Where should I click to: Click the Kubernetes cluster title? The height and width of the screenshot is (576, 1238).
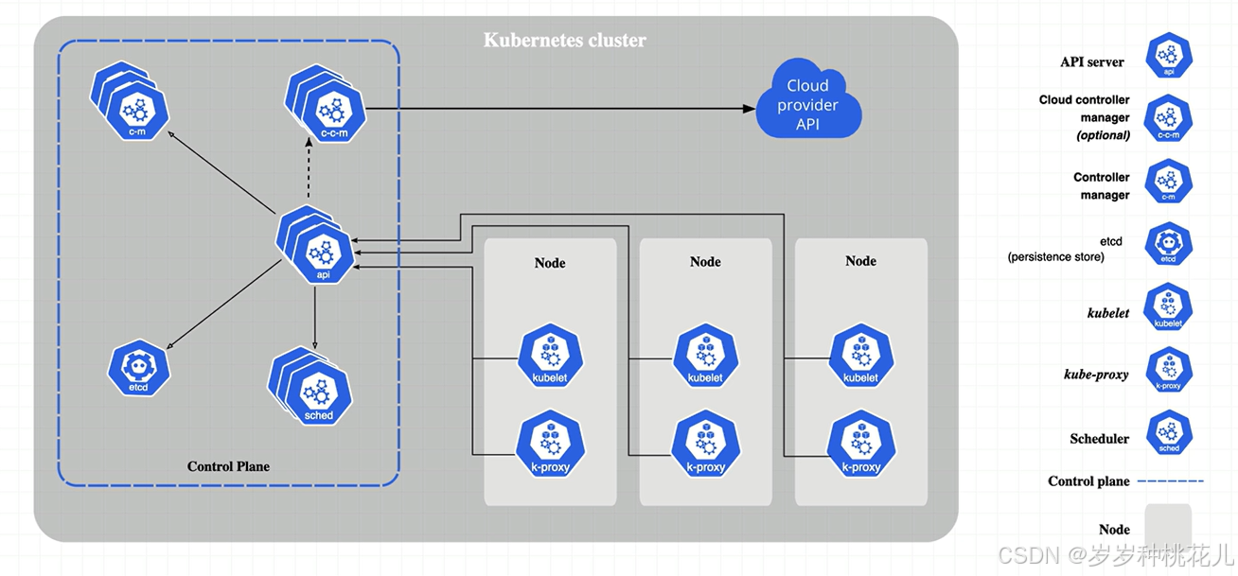click(565, 41)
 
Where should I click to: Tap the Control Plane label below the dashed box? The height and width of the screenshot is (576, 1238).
click(228, 466)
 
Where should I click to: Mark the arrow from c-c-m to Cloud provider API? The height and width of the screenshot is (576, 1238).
click(558, 109)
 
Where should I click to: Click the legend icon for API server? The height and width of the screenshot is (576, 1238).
click(1168, 56)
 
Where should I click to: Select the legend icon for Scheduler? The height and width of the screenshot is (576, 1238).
click(1168, 432)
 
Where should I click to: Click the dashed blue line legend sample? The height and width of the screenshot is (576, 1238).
click(1170, 481)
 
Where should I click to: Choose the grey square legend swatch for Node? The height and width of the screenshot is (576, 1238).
click(1167, 528)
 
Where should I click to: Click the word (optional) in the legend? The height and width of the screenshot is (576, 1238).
click(1104, 135)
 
